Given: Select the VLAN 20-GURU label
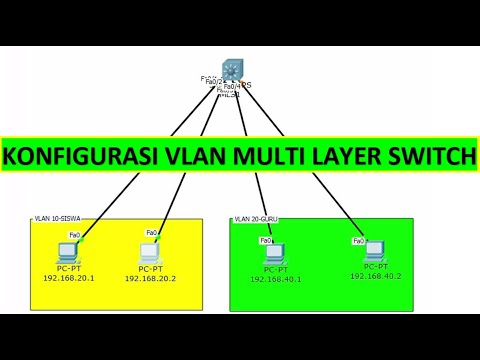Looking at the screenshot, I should coord(257,219).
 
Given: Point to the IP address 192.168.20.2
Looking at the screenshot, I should coord(150,278).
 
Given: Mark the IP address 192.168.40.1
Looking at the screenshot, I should coord(276,280).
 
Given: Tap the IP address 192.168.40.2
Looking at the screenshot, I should coord(376,274).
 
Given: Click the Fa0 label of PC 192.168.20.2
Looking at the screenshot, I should coord(152,233).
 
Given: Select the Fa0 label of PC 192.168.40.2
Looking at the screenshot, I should coord(357,240).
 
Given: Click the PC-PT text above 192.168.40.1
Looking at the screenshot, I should coord(276,270).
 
